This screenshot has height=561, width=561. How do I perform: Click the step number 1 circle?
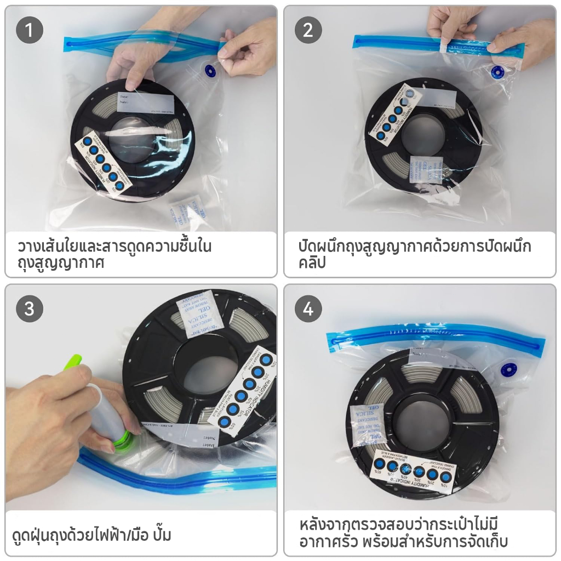(x=30, y=31)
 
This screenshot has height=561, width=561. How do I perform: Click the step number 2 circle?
(x=308, y=31)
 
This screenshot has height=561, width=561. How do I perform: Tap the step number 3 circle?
(x=30, y=309)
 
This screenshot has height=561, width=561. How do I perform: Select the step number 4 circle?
(x=308, y=309)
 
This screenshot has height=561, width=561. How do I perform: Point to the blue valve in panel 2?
(x=497, y=72)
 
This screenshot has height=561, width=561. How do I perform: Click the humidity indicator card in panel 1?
(x=104, y=164)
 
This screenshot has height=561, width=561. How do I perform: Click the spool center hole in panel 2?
(x=423, y=134)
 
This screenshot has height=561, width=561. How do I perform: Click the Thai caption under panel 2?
(x=415, y=254)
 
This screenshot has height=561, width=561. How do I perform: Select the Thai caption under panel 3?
(x=91, y=534)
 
